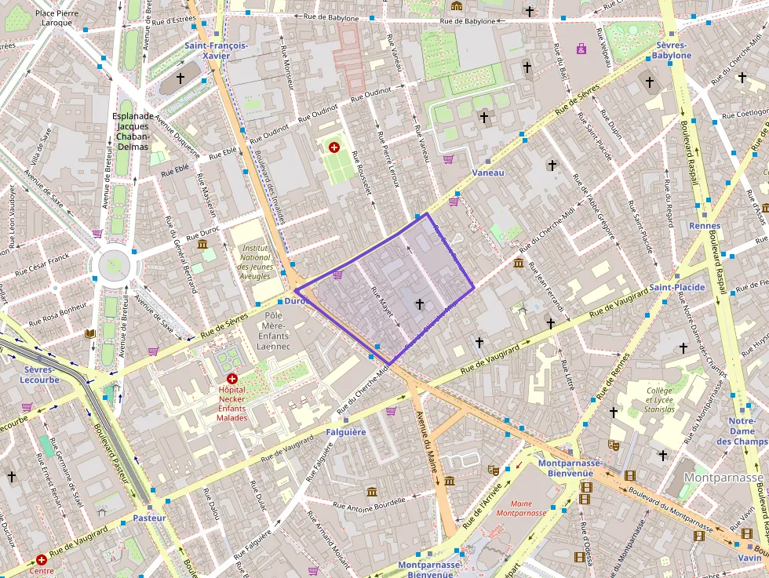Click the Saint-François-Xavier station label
click(216, 50)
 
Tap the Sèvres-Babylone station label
click(672, 50)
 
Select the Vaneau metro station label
click(488, 172)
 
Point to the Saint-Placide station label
click(676, 287)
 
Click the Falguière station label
click(345, 431)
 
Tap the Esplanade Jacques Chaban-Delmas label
click(133, 131)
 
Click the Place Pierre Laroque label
click(56, 18)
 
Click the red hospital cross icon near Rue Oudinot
click(334, 147)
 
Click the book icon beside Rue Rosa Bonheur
click(89, 333)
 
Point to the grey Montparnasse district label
click(723, 477)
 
